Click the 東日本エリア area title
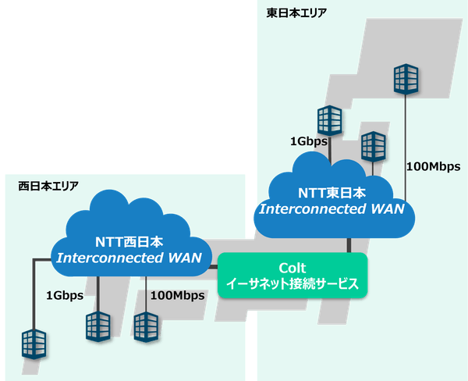coord(296,12)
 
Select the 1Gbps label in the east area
coord(308,141)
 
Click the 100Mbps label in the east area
coord(434,166)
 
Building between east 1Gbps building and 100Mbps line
coord(373,146)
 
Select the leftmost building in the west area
coord(34,343)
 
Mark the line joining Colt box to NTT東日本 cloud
coord(348,244)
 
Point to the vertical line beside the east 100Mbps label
coord(405,148)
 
